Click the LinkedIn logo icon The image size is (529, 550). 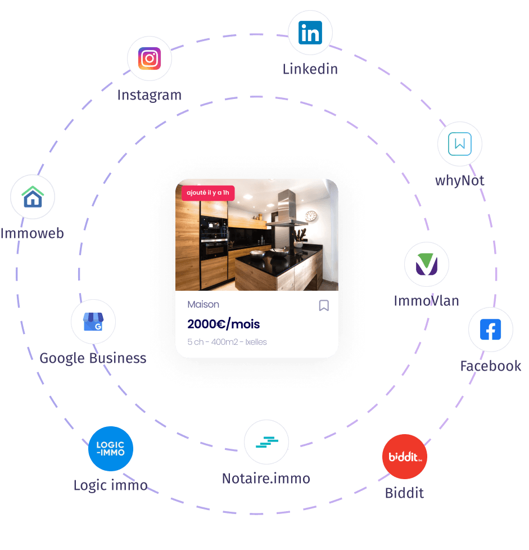coord(310,33)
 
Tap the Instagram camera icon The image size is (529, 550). coord(150,58)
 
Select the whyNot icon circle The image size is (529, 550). coord(460,144)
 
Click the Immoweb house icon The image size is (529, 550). coord(33,197)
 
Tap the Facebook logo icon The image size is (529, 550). coord(490,330)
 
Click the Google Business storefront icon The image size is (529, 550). coord(93,322)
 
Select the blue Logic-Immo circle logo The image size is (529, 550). coord(111,449)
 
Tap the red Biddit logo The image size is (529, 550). coord(404,457)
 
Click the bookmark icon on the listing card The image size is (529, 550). coord(324,305)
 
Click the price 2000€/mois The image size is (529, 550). coord(224,324)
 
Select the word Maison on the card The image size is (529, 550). coord(204,304)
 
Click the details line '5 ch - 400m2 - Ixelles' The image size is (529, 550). coord(227,342)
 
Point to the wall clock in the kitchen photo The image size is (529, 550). coord(311,215)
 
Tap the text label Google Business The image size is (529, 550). coord(93,358)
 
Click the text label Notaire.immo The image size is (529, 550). coord(266,479)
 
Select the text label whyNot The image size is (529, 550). coord(459,181)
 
